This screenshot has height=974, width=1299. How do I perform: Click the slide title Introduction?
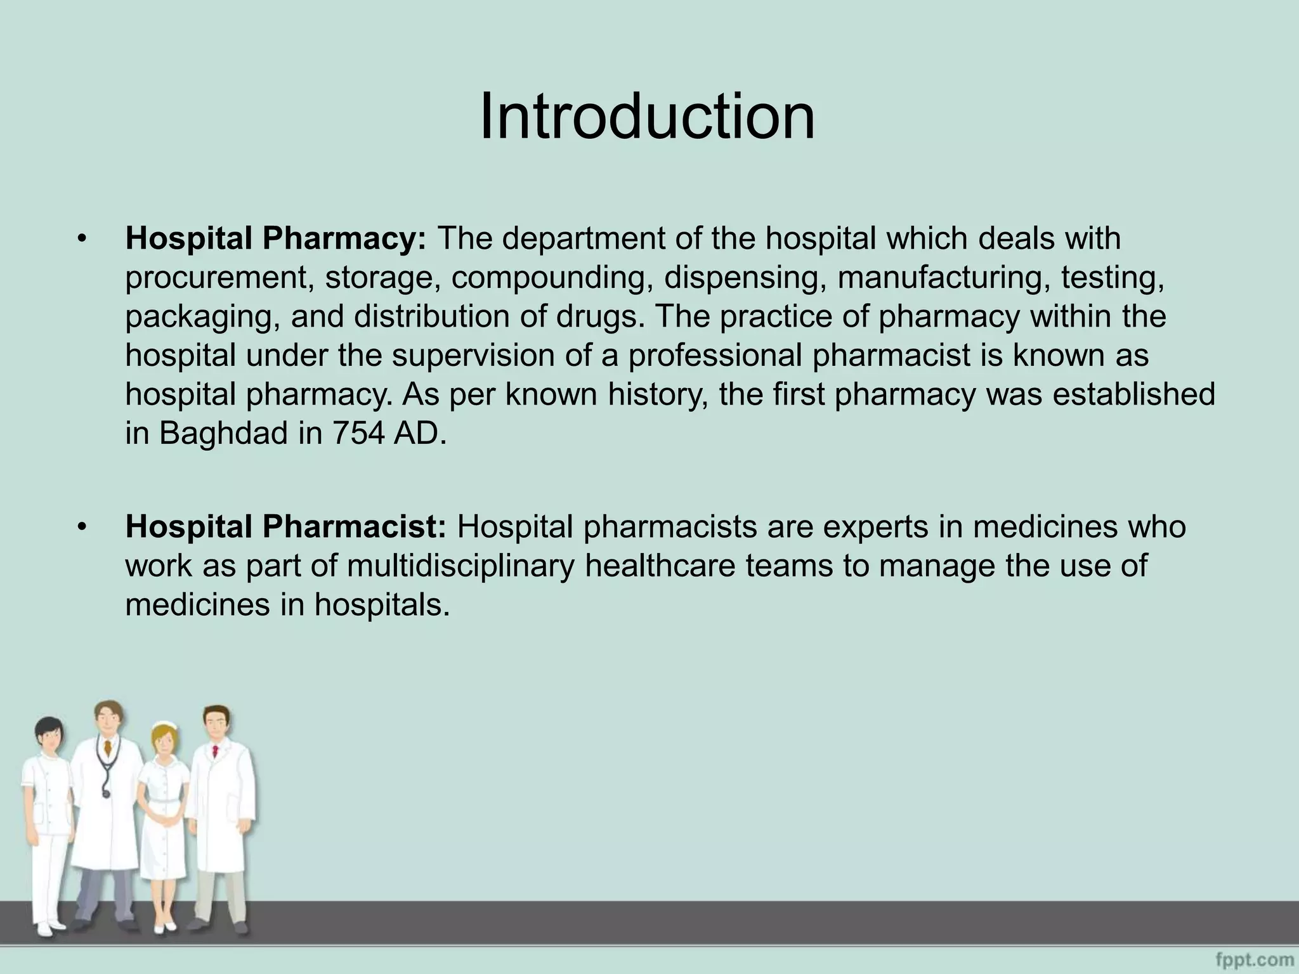click(x=647, y=117)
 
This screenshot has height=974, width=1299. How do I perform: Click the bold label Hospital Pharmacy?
click(x=276, y=239)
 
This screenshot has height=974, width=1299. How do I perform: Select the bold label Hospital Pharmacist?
click(x=286, y=527)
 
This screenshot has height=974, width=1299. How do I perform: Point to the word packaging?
click(x=203, y=317)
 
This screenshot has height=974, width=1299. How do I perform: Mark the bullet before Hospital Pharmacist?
click(x=81, y=528)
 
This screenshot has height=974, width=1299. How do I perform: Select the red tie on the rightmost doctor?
click(x=216, y=752)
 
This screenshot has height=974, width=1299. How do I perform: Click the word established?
click(x=1134, y=394)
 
